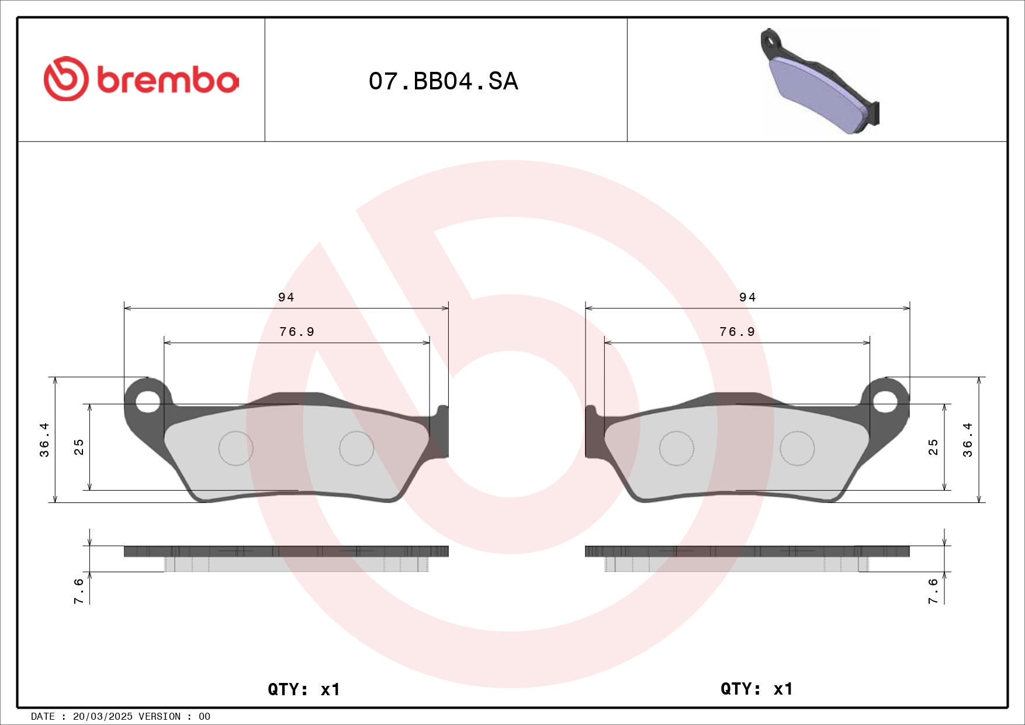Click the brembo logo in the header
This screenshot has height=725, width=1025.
click(141, 79)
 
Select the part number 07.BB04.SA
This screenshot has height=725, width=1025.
click(443, 81)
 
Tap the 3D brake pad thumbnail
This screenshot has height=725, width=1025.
click(820, 82)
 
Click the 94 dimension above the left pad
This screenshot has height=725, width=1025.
click(286, 297)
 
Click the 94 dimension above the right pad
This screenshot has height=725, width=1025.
click(747, 297)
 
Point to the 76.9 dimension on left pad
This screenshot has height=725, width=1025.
click(297, 332)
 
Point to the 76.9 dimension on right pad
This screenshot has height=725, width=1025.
click(737, 332)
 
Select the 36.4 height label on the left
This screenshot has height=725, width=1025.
click(44, 440)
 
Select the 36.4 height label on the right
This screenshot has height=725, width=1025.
click(968, 440)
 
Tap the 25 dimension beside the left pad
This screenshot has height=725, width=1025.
click(79, 447)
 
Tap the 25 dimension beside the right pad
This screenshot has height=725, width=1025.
click(933, 447)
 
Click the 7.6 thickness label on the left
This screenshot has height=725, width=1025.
click(79, 591)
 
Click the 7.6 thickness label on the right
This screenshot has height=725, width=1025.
click(933, 591)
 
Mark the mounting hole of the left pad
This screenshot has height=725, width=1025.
click(148, 401)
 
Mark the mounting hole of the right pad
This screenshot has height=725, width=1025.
click(885, 401)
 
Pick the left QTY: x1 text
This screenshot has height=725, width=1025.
click(303, 689)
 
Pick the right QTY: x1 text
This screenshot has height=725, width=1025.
click(756, 689)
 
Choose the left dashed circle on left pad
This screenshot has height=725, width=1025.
click(236, 448)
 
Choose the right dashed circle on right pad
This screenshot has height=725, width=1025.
click(797, 448)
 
